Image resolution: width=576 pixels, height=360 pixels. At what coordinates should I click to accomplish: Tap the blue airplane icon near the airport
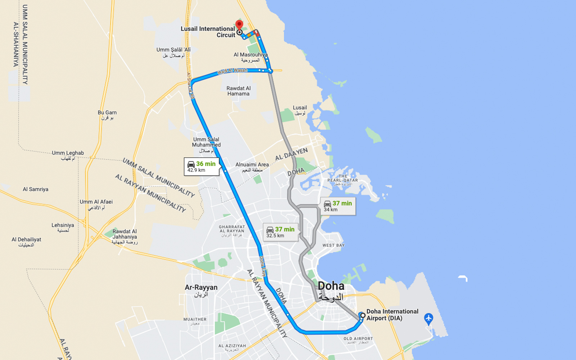(428, 318)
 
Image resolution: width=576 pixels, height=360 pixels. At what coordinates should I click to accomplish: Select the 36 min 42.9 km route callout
(201, 166)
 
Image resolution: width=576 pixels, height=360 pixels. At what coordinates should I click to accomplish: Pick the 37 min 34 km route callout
(338, 206)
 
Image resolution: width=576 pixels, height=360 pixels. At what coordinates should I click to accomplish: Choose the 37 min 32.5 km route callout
(280, 232)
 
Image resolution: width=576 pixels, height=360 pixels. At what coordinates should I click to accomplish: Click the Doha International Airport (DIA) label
(392, 315)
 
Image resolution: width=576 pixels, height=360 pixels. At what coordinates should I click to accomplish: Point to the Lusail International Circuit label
(208, 32)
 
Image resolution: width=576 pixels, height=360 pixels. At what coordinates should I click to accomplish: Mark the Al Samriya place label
(35, 189)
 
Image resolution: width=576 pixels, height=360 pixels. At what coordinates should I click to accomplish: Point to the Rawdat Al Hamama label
(238, 91)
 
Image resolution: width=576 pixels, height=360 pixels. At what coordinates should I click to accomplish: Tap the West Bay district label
(333, 245)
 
